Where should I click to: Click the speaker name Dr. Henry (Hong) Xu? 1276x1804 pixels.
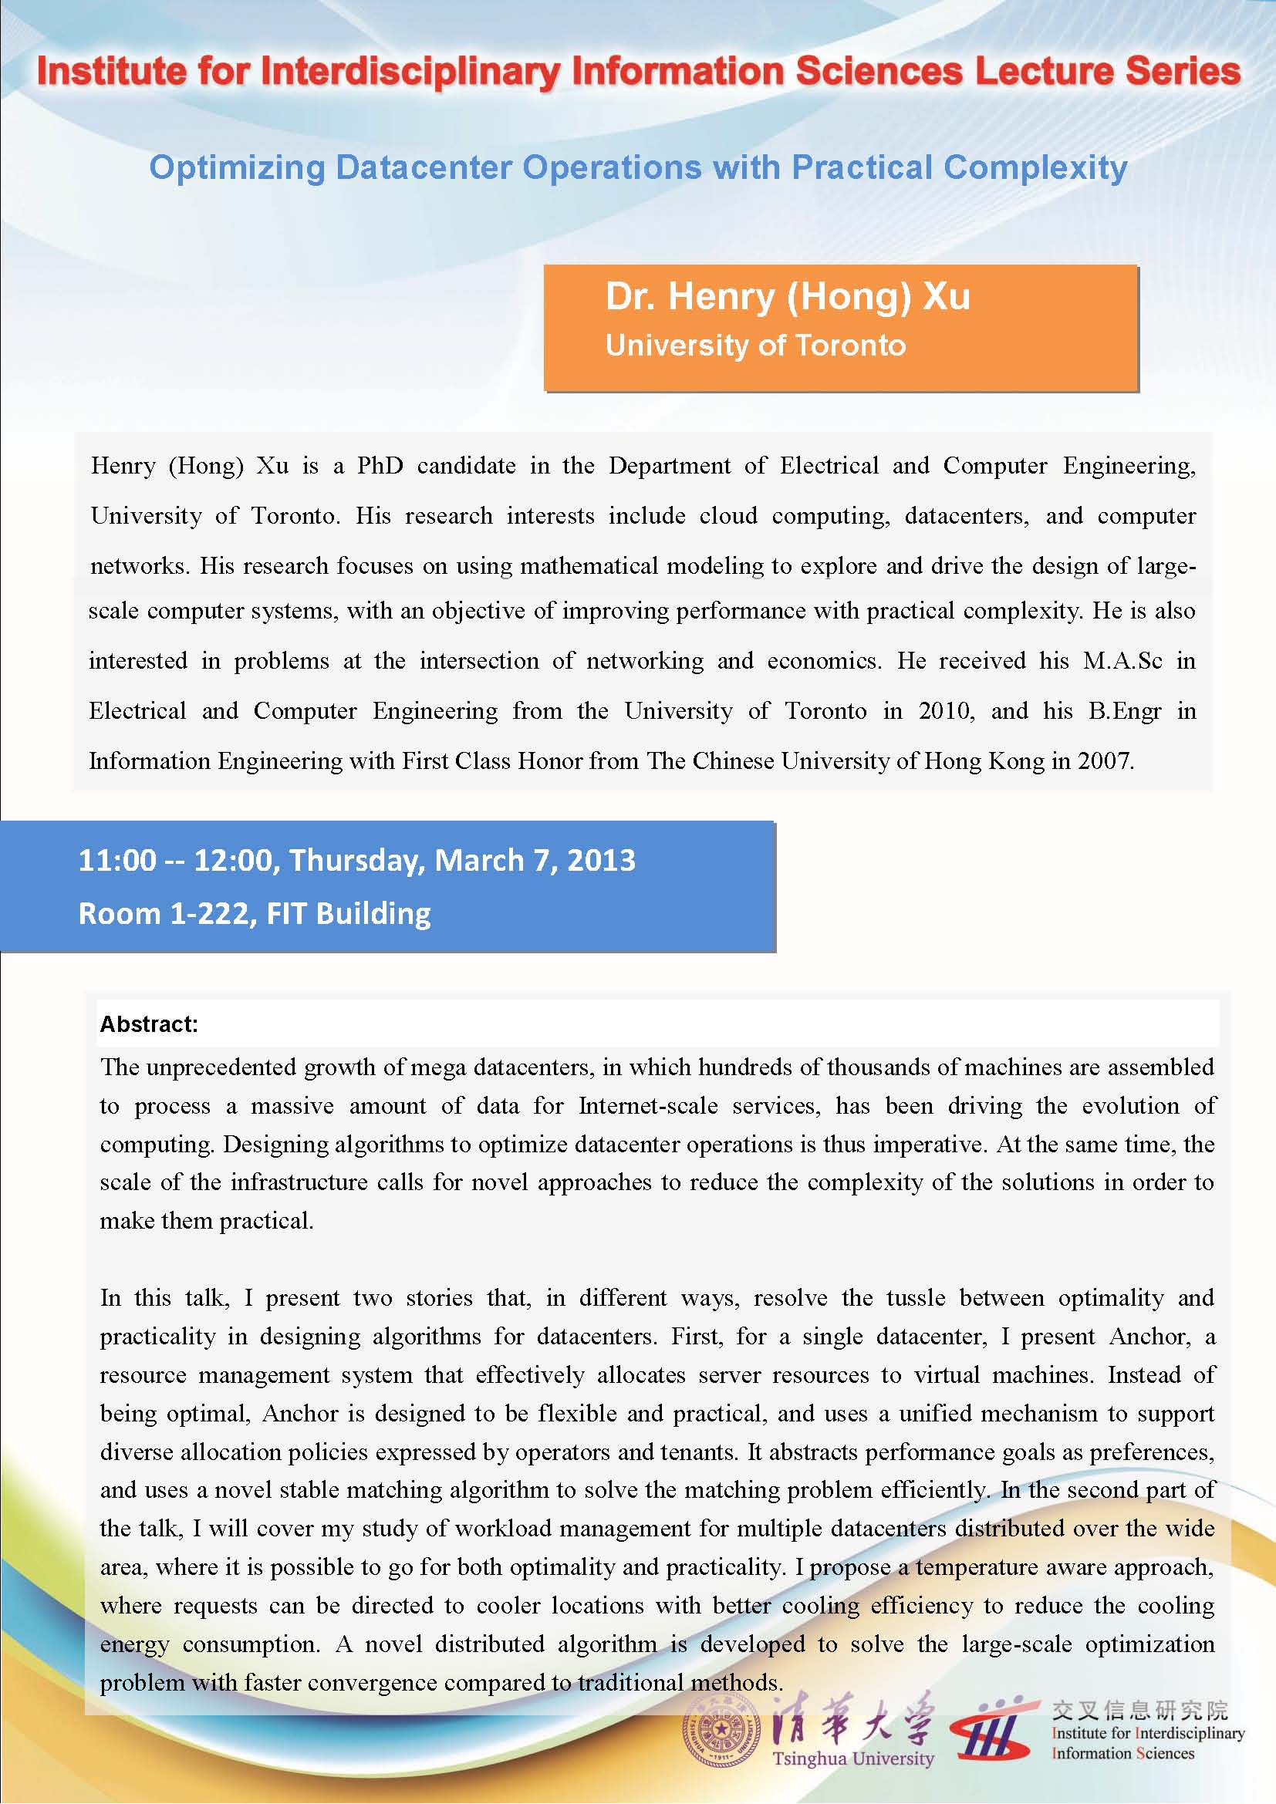click(x=788, y=297)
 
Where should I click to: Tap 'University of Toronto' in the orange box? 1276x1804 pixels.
click(x=755, y=346)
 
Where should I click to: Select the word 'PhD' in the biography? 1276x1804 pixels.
click(x=380, y=466)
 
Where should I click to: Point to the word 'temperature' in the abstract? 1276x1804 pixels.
click(x=984, y=1566)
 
